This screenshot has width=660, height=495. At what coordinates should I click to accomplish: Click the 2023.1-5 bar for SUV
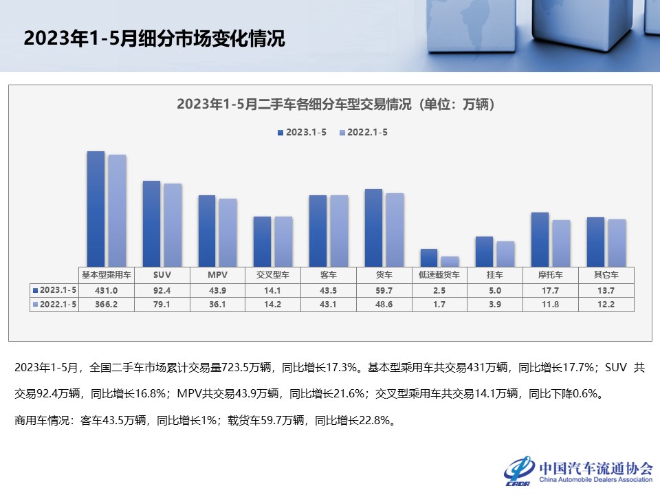tap(151, 223)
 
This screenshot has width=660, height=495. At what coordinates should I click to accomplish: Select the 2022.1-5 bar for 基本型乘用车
tap(118, 210)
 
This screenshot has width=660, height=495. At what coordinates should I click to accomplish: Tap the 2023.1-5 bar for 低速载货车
tap(429, 257)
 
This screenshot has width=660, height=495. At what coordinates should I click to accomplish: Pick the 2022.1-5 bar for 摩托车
tap(562, 243)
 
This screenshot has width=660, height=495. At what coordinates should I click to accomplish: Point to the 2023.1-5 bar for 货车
tap(373, 228)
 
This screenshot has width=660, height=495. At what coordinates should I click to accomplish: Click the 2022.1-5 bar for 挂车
tap(505, 254)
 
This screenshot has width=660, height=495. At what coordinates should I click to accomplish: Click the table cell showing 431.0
tap(107, 289)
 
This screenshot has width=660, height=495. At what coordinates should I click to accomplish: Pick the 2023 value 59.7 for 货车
tap(384, 289)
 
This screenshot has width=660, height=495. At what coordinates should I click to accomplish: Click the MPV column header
tap(217, 274)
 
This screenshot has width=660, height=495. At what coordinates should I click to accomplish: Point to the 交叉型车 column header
tap(273, 274)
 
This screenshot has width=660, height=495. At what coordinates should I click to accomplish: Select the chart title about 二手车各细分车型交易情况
tap(336, 104)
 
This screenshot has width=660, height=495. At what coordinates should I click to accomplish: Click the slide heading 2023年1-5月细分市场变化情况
tap(154, 38)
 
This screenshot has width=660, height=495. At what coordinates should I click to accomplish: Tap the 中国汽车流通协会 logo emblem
tap(520, 471)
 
